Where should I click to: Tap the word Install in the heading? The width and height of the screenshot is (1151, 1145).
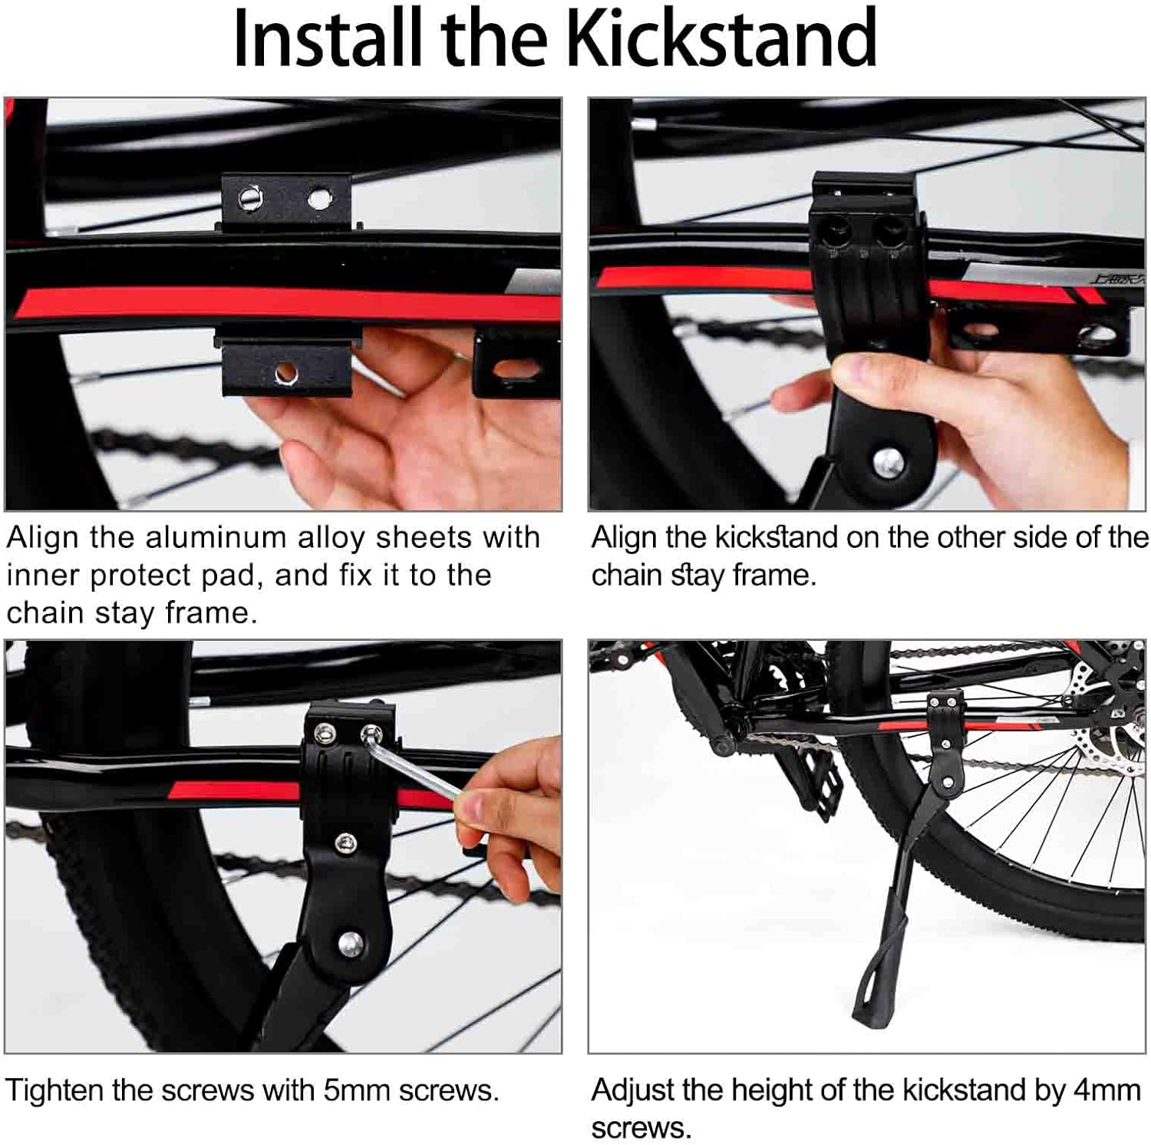click(328, 38)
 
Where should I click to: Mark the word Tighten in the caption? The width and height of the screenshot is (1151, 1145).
click(54, 1090)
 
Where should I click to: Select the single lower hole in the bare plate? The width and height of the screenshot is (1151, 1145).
click(286, 373)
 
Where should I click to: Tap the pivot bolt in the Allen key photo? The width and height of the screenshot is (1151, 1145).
click(351, 942)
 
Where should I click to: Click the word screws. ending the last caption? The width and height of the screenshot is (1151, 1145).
click(641, 1128)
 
